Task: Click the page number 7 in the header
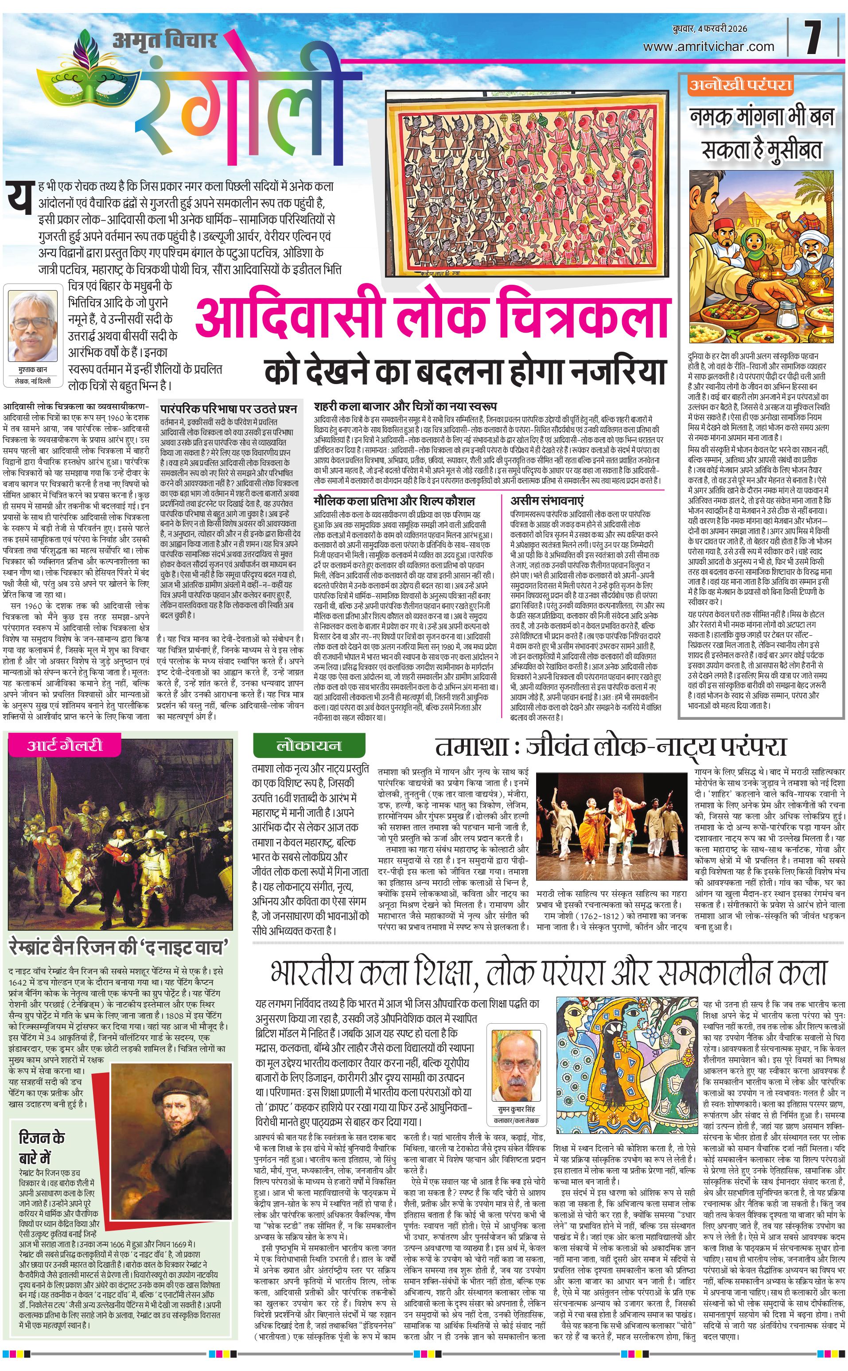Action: pos(813,38)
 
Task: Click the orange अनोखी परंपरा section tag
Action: pos(741,85)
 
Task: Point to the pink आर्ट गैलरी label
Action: pos(65,745)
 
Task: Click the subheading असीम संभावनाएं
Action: pos(547,500)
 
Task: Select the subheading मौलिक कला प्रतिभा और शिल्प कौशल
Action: pos(394,501)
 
